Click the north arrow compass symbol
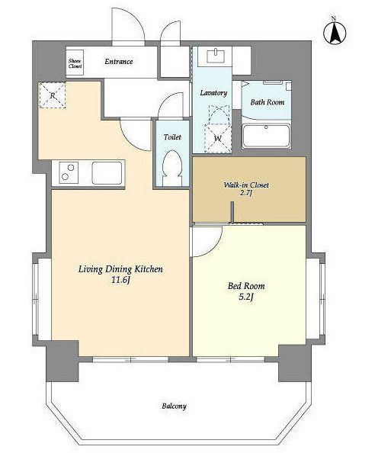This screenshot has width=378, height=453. [x=335, y=31]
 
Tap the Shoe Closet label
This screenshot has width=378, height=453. [x=75, y=63]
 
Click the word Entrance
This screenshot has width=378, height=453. [x=119, y=62]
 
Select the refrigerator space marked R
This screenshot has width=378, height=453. [x=53, y=95]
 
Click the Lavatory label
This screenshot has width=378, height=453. [x=213, y=93]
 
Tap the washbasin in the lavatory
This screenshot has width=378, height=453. [x=216, y=56]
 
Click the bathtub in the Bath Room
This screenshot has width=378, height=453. [x=266, y=136]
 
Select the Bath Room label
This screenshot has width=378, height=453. [x=267, y=102]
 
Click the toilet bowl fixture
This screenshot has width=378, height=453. [x=172, y=168]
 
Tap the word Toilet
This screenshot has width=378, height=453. [x=172, y=137]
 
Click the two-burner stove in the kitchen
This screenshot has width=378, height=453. [x=69, y=172]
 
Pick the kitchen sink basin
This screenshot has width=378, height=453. [x=107, y=173]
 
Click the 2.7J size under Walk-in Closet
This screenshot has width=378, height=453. [x=246, y=193]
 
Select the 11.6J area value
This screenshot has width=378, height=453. [x=120, y=279]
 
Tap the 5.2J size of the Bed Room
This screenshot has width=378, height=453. [x=246, y=297]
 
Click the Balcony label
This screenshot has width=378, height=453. [x=174, y=406]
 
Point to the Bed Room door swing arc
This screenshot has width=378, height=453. [x=214, y=248]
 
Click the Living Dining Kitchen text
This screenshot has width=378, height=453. [x=120, y=269]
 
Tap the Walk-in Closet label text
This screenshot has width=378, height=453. [x=246, y=185]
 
